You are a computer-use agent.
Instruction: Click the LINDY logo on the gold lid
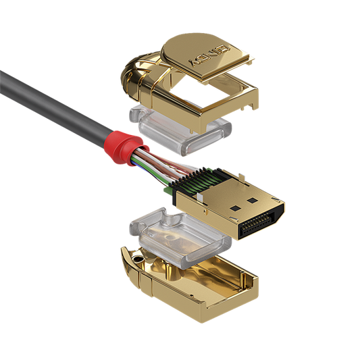pos(209,55)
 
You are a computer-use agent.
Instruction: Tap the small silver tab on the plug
pos(199,197)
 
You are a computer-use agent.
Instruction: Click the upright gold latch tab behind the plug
pos(240,177)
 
